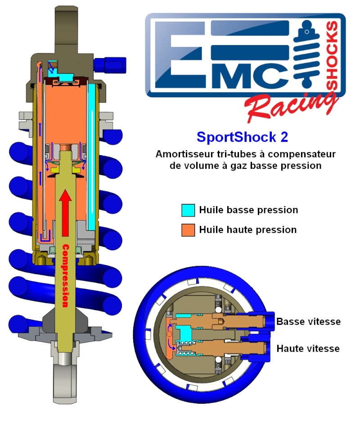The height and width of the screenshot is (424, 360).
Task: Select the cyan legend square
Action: coord(189,210)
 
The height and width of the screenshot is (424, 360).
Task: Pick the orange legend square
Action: coord(189,230)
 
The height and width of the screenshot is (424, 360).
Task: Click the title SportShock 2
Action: coord(242,136)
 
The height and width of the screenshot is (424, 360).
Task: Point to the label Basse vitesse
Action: coord(308,321)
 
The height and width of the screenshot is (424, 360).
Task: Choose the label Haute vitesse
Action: coord(308,348)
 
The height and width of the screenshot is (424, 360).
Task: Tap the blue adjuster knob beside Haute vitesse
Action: coord(269,347)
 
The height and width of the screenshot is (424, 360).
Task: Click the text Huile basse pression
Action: coord(248,210)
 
